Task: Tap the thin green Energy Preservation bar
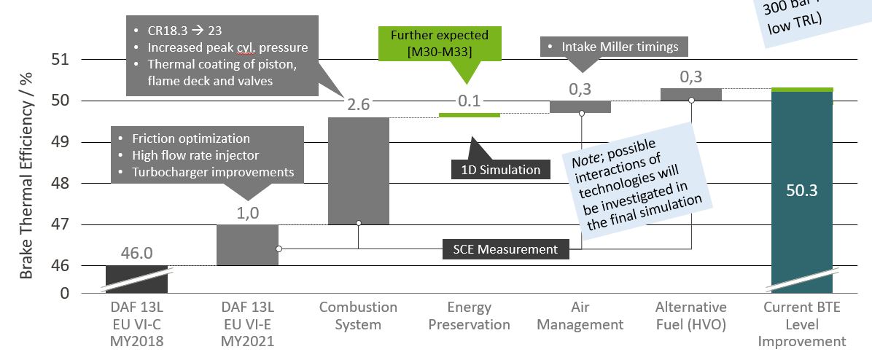(470, 115)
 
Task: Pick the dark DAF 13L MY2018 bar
(136, 278)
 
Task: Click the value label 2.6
(359, 105)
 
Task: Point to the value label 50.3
(802, 191)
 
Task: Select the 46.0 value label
(136, 253)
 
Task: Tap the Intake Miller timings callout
(610, 47)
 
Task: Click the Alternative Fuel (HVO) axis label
(691, 316)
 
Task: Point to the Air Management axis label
(580, 316)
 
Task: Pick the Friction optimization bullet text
(191, 138)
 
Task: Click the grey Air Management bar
(580, 106)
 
